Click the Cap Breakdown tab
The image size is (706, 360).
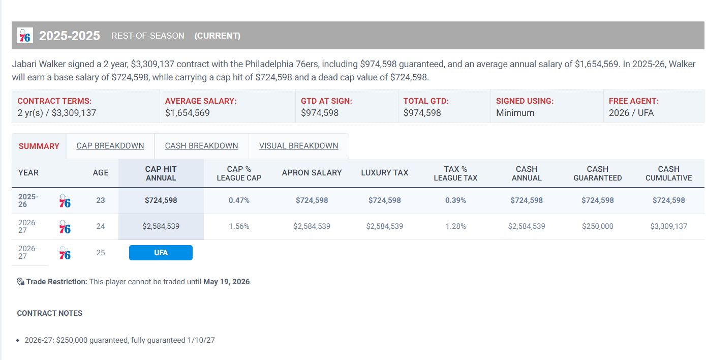pyautogui.click(x=110, y=146)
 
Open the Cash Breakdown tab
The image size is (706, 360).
pyautogui.click(x=201, y=146)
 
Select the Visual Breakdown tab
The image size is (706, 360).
pyautogui.click(x=298, y=146)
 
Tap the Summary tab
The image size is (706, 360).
pyautogui.click(x=39, y=146)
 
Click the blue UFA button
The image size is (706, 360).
pyautogui.click(x=161, y=253)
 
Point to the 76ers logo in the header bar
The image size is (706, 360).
pyautogui.click(x=25, y=36)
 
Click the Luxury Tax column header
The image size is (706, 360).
pyautogui.click(x=384, y=173)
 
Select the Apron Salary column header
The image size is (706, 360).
pyautogui.click(x=312, y=173)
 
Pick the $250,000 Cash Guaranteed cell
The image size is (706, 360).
pyautogui.click(x=597, y=226)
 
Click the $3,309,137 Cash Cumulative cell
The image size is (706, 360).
pyautogui.click(x=668, y=226)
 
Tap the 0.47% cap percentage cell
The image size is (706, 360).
pyautogui.click(x=239, y=200)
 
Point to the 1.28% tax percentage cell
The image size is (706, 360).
pyautogui.click(x=455, y=226)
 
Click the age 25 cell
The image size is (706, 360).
pyautogui.click(x=101, y=253)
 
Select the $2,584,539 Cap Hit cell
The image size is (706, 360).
pyautogui.click(x=161, y=226)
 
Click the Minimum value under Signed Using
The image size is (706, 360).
pyautogui.click(x=515, y=113)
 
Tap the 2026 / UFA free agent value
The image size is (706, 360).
pyautogui.click(x=631, y=113)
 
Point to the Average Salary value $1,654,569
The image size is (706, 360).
pyautogui.click(x=188, y=113)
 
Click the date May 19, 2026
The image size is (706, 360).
pyautogui.click(x=227, y=282)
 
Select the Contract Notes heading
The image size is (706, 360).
pyautogui.click(x=50, y=313)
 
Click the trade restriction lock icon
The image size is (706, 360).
pyautogui.click(x=21, y=282)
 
